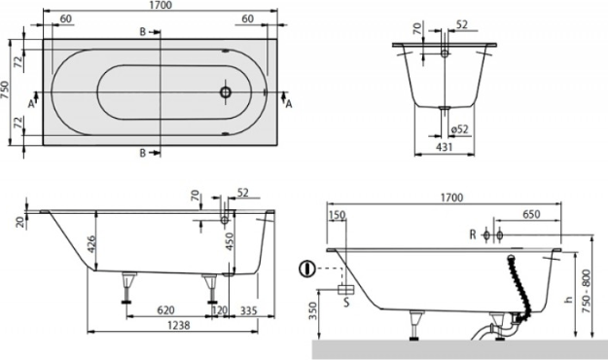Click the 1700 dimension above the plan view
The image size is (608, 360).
(160, 5)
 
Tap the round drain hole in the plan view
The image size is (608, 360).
(226, 92)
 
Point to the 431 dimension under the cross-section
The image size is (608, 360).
(444, 147)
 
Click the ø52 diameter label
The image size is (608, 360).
(460, 128)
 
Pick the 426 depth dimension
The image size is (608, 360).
(90, 244)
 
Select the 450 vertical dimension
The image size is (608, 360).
(231, 241)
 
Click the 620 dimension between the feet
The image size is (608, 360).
(165, 310)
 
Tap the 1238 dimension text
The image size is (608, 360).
(178, 325)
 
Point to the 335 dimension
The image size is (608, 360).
(249, 310)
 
